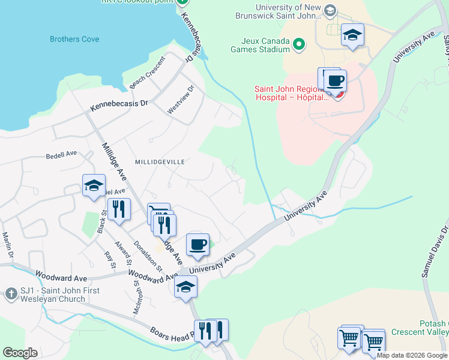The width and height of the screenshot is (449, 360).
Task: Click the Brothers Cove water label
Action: pos(74,40)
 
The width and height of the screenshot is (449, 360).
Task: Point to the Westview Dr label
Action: pos(181,100)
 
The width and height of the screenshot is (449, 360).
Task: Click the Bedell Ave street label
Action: pos(61,155)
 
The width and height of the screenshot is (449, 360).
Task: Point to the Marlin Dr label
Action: pos(7,246)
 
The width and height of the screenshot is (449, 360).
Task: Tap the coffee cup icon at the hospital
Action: pos(336,80)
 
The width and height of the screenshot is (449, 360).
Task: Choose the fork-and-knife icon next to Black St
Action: pos(119,209)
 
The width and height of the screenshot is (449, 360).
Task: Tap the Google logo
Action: pos(20,353)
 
